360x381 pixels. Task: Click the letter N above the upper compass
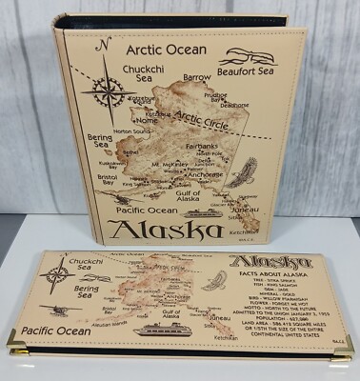[x=106, y=44]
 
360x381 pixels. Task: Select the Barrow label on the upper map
[x=197, y=77]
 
